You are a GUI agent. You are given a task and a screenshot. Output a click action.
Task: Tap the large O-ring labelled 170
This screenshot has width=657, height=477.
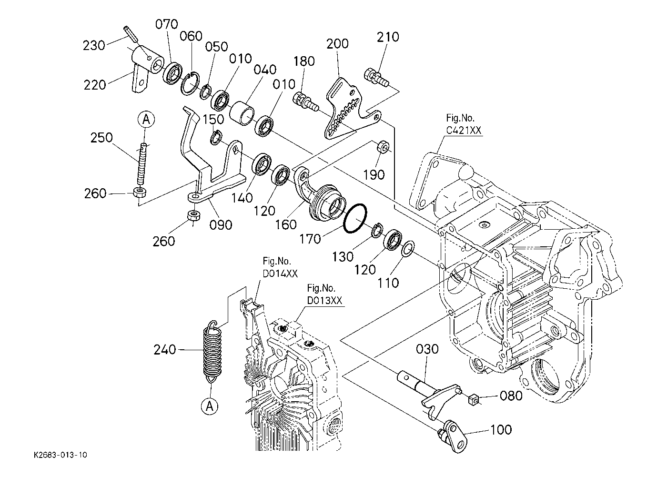coord(355,219)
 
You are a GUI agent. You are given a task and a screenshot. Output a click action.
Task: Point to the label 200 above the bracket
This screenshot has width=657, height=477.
coord(337,44)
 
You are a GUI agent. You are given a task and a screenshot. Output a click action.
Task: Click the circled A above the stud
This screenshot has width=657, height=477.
coord(146,120)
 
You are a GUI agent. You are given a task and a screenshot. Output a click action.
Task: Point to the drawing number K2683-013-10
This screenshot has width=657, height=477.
coord(61,455)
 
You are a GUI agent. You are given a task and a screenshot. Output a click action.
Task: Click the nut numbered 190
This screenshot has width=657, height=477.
coord(382,147)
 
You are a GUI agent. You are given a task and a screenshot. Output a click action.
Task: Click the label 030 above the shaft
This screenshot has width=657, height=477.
coord(427,349)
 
